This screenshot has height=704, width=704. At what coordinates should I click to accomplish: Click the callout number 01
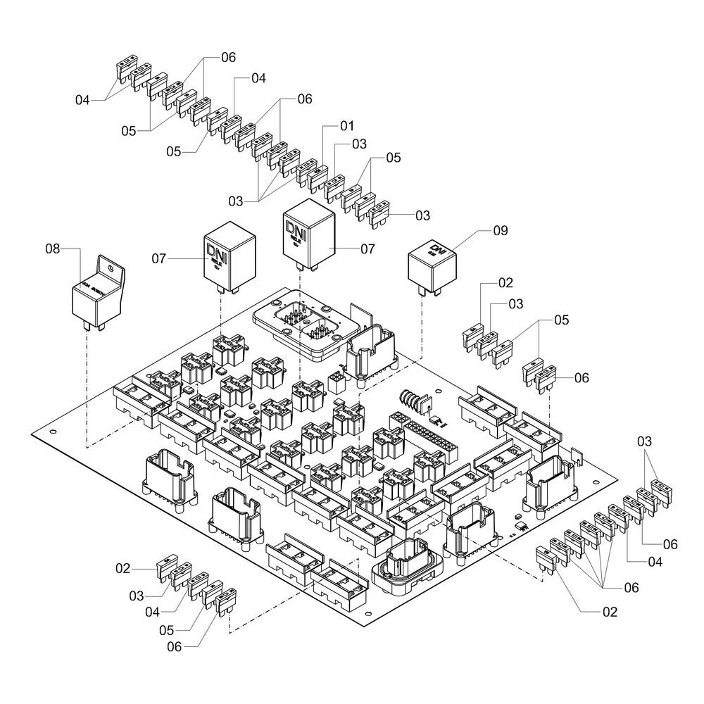click(x=346, y=127)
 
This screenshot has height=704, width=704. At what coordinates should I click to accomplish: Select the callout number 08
click(x=54, y=249)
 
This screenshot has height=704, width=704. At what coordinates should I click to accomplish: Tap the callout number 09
click(x=500, y=230)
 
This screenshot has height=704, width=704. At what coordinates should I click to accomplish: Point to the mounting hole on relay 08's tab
click(x=109, y=268)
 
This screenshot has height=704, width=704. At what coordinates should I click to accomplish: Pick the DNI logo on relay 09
click(x=439, y=249)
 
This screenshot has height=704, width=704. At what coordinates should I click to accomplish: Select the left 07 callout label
click(x=159, y=259)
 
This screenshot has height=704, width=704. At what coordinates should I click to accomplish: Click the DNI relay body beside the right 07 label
click(x=309, y=236)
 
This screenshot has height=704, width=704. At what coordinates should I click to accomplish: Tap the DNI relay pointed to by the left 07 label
click(x=229, y=257)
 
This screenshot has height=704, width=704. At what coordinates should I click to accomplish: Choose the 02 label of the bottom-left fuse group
click(x=123, y=567)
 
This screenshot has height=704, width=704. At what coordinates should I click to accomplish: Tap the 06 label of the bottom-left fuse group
click(x=172, y=643)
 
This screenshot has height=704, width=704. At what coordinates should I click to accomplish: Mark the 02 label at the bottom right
click(x=610, y=612)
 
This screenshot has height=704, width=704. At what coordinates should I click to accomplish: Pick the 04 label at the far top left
click(x=83, y=101)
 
